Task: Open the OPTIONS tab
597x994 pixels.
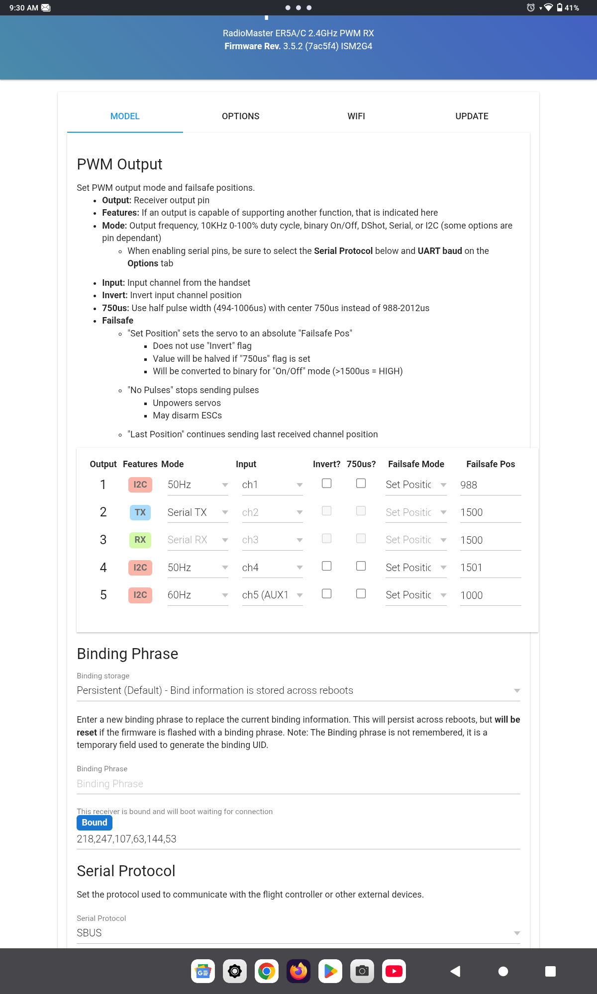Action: pos(240,116)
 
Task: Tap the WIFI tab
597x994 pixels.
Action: pos(356,116)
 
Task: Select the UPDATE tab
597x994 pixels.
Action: pos(472,116)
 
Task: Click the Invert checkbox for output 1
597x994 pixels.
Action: pos(327,483)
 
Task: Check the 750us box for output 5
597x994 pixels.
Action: pos(361,593)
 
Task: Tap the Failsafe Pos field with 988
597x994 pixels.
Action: pos(490,485)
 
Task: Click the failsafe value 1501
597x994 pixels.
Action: pos(490,568)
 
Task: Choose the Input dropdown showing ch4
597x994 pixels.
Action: pos(272,568)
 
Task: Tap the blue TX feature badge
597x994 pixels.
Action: pos(140,512)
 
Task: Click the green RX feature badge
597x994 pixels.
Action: pos(140,540)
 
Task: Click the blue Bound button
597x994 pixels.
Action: pos(95,823)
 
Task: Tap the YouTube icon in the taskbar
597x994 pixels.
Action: pos(394,971)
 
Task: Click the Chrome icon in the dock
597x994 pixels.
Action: pos(267,971)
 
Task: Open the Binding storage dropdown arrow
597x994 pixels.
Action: pos(517,691)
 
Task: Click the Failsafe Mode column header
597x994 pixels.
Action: pos(416,464)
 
